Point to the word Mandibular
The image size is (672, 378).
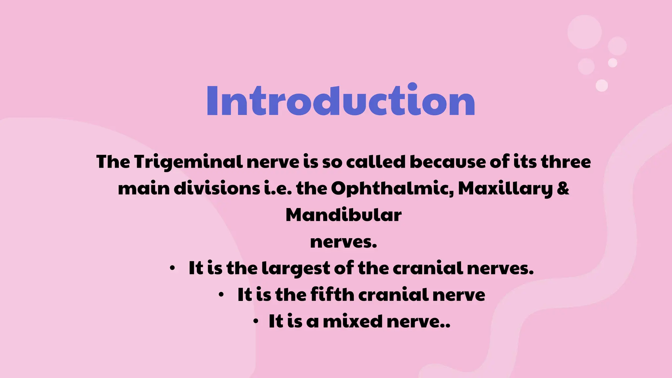[x=344, y=215]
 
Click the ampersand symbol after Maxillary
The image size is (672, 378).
[x=563, y=188]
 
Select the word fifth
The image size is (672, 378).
[x=332, y=294]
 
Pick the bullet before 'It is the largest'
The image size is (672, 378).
[x=172, y=269]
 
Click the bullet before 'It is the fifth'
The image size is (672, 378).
[x=221, y=295]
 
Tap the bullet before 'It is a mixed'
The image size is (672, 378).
[x=256, y=321]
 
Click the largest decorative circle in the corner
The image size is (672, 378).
[x=584, y=32]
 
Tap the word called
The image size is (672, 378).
[x=376, y=162]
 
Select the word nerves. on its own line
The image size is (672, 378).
[x=344, y=242]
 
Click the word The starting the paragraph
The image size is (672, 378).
[x=113, y=162]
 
